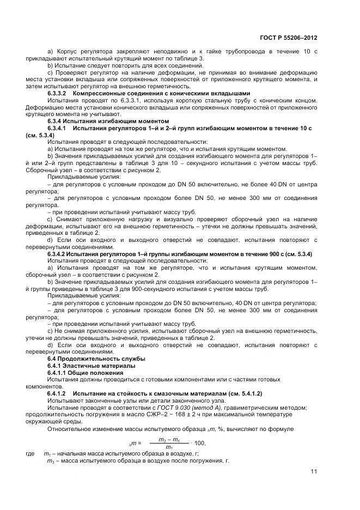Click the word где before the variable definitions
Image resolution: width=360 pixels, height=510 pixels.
point(30,453)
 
